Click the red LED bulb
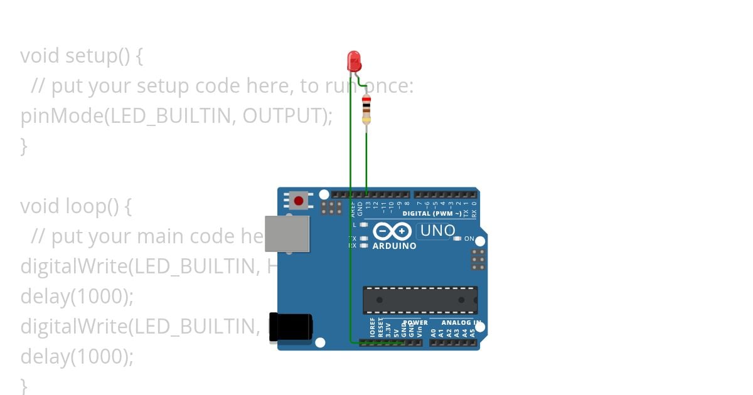354,61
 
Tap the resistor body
366,110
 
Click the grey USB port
287,233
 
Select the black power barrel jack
291,327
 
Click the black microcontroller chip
420,300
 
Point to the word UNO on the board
437,231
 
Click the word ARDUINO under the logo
394,246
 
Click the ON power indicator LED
457,239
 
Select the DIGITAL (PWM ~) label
432,214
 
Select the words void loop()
75,206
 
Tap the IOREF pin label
372,329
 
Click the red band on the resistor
366,100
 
